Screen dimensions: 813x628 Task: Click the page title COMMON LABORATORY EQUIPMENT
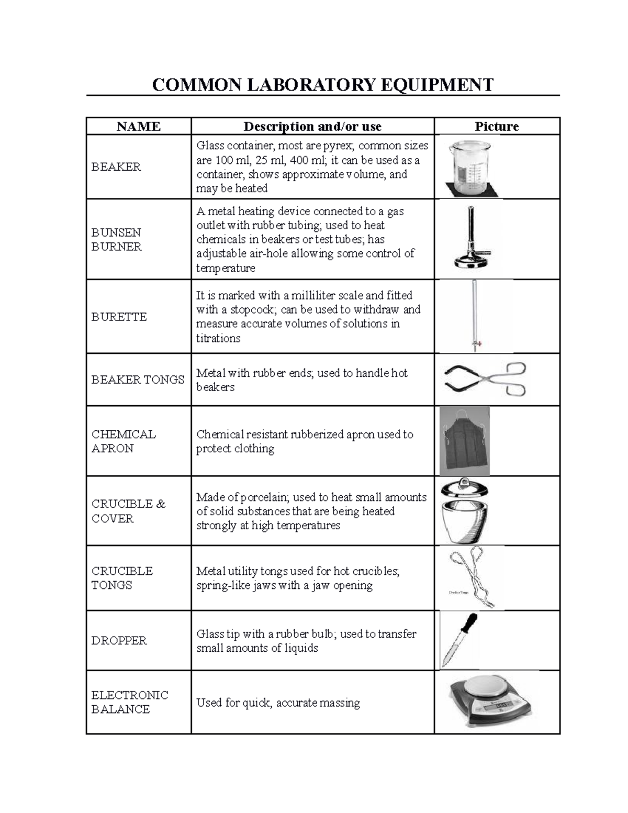[x=322, y=84]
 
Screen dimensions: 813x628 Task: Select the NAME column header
[x=138, y=126]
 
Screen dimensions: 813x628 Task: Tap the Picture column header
[x=496, y=126]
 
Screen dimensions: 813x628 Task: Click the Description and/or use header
[x=312, y=126]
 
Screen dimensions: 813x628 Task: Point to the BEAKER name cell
[x=116, y=166]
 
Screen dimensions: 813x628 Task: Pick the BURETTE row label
[x=119, y=317]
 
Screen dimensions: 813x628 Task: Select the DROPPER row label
[x=119, y=640]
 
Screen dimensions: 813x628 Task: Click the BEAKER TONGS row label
[x=138, y=380]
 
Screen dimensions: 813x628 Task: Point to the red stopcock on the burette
[x=476, y=343]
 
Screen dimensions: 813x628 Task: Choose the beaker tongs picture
[x=484, y=379]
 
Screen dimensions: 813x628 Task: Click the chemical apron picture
[x=465, y=441]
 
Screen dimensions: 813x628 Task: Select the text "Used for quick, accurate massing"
[x=278, y=703]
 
